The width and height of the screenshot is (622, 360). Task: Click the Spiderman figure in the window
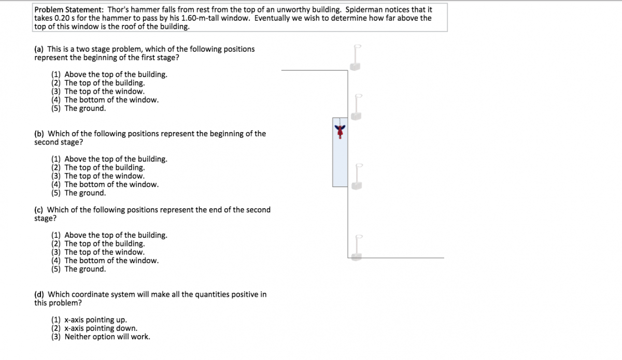pyautogui.click(x=340, y=131)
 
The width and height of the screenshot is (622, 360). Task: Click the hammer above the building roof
pyautogui.click(x=356, y=57)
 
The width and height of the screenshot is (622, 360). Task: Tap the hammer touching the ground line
pyautogui.click(x=357, y=248)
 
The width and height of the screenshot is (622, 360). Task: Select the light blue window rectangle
pyautogui.click(x=340, y=152)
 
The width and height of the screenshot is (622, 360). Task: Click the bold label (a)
pyautogui.click(x=39, y=49)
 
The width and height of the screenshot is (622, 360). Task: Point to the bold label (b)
pyautogui.click(x=39, y=134)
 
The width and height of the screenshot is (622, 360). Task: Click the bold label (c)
pyautogui.click(x=38, y=210)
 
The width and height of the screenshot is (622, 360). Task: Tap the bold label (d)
pyautogui.click(x=39, y=295)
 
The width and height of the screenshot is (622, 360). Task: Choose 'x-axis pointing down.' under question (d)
pyautogui.click(x=101, y=328)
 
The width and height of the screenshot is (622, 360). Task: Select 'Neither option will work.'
pyautogui.click(x=107, y=337)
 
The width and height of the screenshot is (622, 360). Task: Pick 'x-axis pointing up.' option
pyautogui.click(x=95, y=320)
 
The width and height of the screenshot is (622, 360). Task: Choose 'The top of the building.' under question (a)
pyautogui.click(x=105, y=83)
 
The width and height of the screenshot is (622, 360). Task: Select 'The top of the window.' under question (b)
pyautogui.click(x=104, y=176)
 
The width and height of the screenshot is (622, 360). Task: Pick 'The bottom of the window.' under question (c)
pyautogui.click(x=111, y=261)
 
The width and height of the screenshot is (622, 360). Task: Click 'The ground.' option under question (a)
pyautogui.click(x=85, y=108)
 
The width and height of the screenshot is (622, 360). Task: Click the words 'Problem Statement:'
pyautogui.click(x=69, y=10)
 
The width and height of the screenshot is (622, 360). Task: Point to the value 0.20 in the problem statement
pyautogui.click(x=62, y=18)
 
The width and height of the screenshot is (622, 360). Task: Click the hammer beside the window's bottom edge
pyautogui.click(x=357, y=177)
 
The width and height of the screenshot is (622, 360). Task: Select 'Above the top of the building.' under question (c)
pyautogui.click(x=116, y=235)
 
